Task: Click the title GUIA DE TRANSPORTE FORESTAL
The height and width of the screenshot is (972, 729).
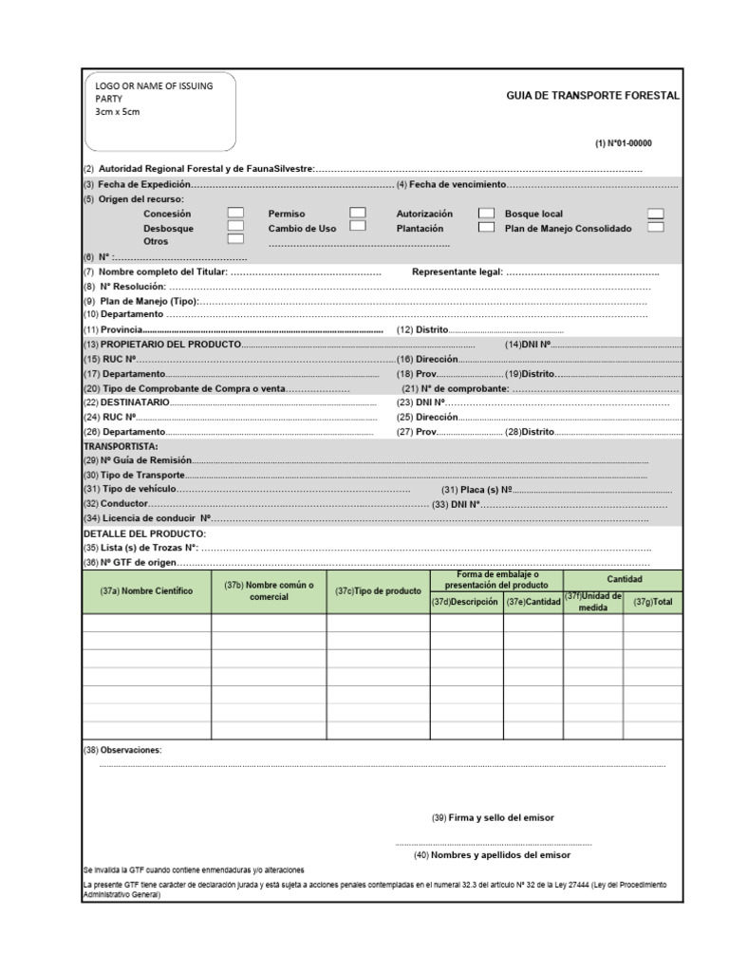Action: point(593,97)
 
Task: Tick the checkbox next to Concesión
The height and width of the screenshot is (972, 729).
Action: point(235,214)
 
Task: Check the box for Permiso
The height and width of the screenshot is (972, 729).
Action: point(358,214)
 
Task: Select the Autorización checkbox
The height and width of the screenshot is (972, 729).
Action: point(486,214)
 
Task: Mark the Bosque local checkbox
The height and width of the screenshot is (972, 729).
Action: point(655,214)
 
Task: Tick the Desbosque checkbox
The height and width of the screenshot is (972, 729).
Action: point(235,228)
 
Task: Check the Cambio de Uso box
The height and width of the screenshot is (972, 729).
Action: point(358,227)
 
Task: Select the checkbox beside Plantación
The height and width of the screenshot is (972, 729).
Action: point(486,228)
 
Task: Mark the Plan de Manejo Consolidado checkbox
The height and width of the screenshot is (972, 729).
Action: point(655,228)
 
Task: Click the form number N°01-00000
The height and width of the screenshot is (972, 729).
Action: point(624,143)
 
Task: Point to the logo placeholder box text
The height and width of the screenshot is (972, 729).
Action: point(155,99)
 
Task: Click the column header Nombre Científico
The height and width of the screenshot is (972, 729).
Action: point(146,590)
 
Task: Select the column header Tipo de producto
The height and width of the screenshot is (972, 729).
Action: point(378,590)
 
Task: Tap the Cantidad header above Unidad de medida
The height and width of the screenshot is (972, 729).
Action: point(625,578)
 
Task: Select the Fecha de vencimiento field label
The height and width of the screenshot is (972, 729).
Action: point(452,184)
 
